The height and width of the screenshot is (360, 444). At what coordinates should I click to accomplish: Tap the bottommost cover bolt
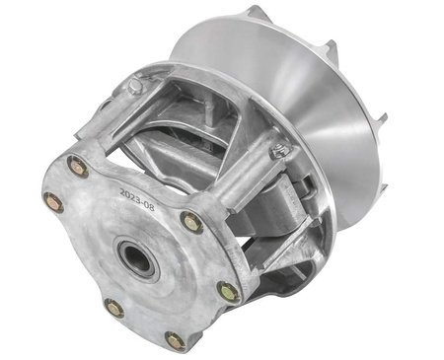[x=176, y=340]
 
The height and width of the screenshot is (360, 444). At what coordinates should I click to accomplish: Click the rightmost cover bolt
[x=228, y=292]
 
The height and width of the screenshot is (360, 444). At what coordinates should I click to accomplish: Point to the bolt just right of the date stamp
[x=191, y=222]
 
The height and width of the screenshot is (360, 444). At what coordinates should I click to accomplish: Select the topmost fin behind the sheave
[x=259, y=13]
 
